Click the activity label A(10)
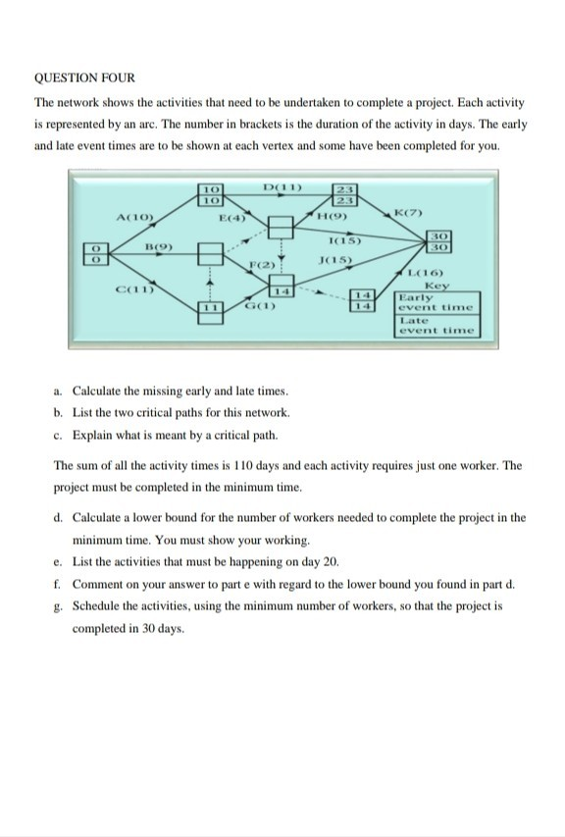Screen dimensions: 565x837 (x=133, y=217)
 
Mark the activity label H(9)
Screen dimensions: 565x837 (x=329, y=216)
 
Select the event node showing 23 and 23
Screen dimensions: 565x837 (x=344, y=193)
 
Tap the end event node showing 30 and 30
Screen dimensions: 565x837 (x=440, y=242)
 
